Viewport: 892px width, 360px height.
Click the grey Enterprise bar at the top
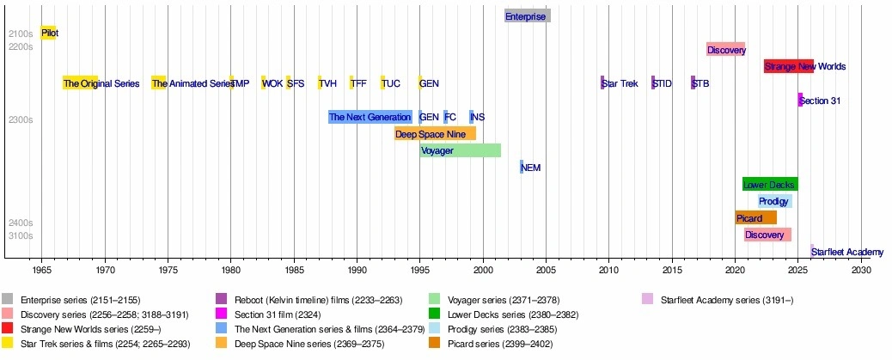(527, 15)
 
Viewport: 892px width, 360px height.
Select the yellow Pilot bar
(48, 33)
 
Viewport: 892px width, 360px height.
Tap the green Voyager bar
(460, 150)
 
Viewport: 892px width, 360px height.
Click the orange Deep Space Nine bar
(435, 134)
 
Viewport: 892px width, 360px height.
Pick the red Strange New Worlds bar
(788, 66)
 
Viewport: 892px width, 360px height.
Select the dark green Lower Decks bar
(769, 184)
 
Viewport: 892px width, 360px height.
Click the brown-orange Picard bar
(755, 218)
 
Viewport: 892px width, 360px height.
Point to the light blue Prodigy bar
(774, 201)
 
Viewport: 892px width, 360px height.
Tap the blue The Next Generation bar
(370, 117)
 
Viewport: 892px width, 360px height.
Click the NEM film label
(531, 168)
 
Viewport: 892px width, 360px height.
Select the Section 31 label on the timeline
(819, 101)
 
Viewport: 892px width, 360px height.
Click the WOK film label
(272, 83)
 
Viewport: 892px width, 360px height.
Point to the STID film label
(662, 83)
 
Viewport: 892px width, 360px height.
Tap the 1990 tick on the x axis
(357, 270)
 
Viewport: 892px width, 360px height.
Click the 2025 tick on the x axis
(797, 270)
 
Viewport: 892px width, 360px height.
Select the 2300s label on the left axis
(20, 120)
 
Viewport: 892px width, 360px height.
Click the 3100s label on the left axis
(20, 235)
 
